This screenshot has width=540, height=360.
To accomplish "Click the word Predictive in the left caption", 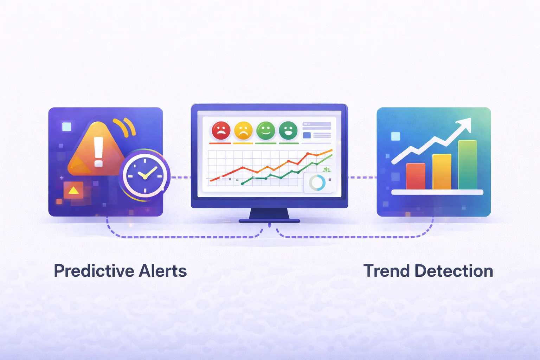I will [x=94, y=271].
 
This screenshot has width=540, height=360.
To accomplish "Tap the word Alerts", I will [x=163, y=271].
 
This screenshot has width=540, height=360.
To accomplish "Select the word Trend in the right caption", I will [x=386, y=271].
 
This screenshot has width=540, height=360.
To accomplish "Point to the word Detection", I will [x=454, y=271].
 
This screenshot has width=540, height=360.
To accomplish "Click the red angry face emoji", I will [x=221, y=130].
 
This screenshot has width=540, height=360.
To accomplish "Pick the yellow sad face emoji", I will [x=243, y=130].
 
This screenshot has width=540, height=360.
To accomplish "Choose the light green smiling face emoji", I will [x=265, y=130].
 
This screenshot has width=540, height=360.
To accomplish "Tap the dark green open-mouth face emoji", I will [x=288, y=130].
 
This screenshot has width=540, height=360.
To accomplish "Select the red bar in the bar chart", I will [x=416, y=176].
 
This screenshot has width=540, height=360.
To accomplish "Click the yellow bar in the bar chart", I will [x=442, y=172].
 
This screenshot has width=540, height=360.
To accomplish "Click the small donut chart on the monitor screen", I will [x=317, y=183].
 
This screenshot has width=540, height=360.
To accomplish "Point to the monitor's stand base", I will [x=269, y=221].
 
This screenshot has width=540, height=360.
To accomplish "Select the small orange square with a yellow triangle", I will [x=73, y=190].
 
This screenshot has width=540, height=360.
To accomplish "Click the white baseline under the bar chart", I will [x=437, y=192].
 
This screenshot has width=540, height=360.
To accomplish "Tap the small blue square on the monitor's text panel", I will [x=307, y=135].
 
